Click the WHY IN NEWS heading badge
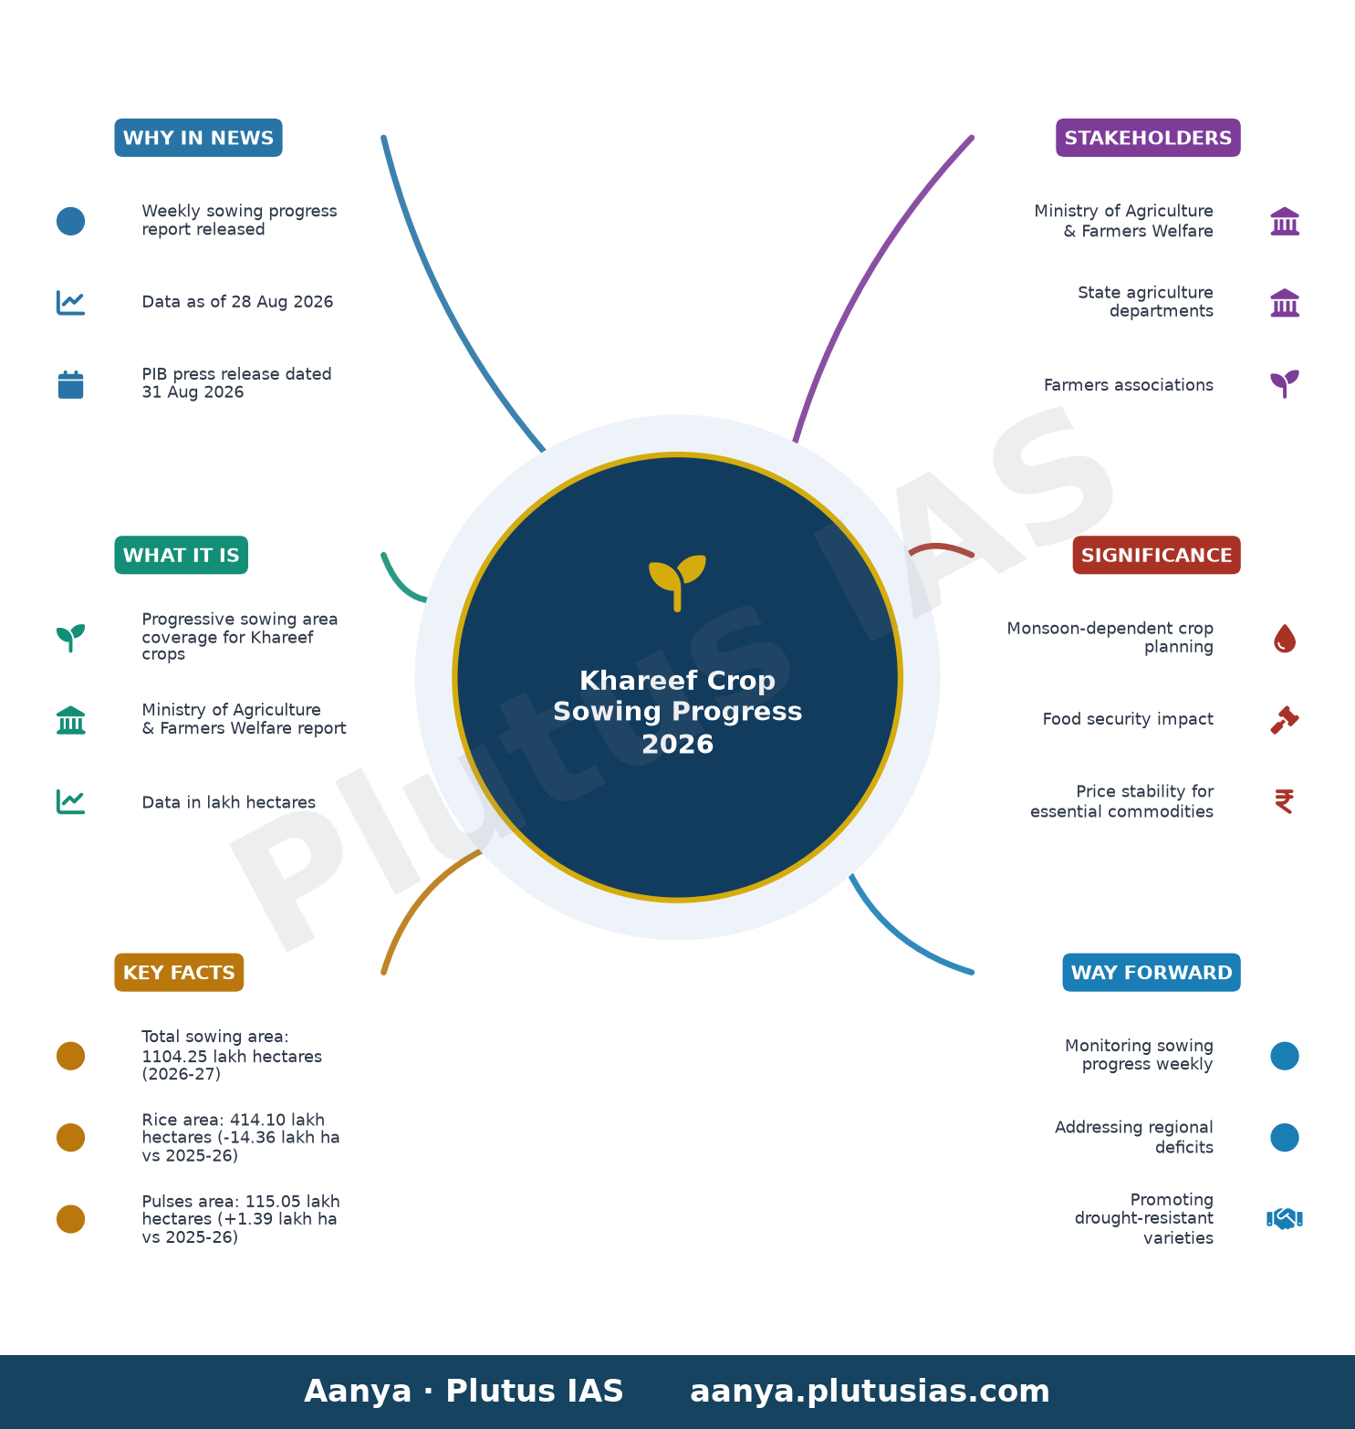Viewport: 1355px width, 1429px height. pos(198,138)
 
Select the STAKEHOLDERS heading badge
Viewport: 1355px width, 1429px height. pos(1148,138)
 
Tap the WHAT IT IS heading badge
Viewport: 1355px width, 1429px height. pos(181,555)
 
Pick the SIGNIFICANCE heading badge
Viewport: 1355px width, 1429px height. pos(1156,555)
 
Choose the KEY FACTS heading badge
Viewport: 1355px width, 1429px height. pos(179,972)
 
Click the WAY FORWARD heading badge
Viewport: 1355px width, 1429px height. pos(1152,972)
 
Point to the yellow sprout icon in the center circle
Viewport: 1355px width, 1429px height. pos(677,582)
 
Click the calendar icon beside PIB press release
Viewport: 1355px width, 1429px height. pos(70,384)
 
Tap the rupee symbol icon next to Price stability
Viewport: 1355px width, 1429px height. pos(1284,801)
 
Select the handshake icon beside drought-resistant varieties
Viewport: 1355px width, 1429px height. pos(1284,1219)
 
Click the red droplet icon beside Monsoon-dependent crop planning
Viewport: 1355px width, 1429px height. pos(1285,639)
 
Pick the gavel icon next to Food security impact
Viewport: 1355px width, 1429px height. pos(1285,720)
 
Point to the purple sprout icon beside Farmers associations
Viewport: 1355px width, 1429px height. pos(1285,383)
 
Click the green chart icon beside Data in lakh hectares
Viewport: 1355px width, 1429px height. pos(70,802)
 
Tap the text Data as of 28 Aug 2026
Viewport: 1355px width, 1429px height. pos(237,302)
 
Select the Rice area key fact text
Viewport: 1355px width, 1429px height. pos(241,1137)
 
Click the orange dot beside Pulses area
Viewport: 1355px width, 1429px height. pos(70,1219)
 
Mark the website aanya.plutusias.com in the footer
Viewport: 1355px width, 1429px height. pos(870,1392)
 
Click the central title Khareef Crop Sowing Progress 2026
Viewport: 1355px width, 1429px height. pos(677,712)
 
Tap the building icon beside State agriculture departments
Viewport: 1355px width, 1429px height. pos(1285,302)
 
